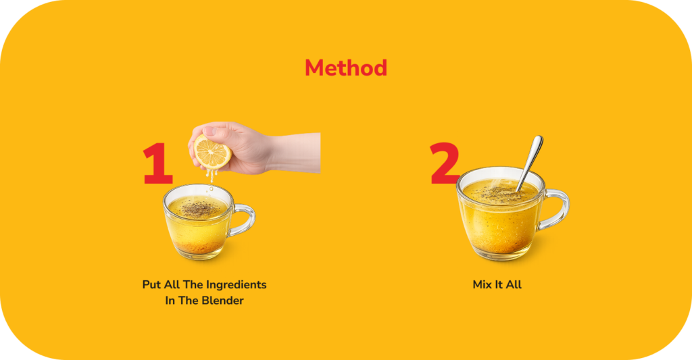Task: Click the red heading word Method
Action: click(346, 68)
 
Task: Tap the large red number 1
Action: click(157, 163)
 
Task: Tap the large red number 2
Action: click(445, 163)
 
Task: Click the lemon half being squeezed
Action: click(212, 153)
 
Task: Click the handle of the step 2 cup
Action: click(553, 209)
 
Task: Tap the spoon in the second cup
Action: click(530, 163)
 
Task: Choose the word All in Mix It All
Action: click(514, 284)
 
